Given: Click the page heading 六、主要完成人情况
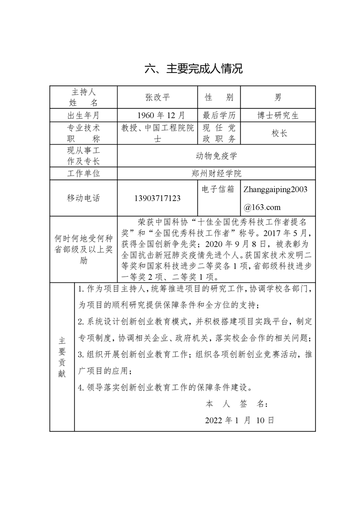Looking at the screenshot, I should click(193, 69).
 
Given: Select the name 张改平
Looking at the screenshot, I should click(157, 97).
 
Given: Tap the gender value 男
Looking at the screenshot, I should click(278, 97).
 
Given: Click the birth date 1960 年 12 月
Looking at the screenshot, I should click(157, 115).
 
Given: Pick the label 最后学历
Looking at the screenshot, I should click(219, 115).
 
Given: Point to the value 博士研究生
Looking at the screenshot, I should click(278, 115).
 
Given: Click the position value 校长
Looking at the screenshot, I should click(278, 133).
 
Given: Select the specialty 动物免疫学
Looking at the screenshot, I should click(216, 156).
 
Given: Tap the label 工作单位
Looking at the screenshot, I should click(84, 173).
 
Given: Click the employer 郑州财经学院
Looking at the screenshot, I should click(216, 173).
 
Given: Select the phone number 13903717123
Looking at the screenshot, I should click(158, 198).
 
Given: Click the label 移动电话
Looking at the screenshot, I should click(84, 198).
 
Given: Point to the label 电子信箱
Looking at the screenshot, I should click(219, 188).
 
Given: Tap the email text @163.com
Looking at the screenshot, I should click(262, 207).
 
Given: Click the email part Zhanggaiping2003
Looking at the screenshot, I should click(276, 189).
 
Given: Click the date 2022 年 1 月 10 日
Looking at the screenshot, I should click(239, 420).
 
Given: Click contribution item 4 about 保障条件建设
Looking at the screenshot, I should click(164, 387).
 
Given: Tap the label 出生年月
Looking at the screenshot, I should click(84, 115).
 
